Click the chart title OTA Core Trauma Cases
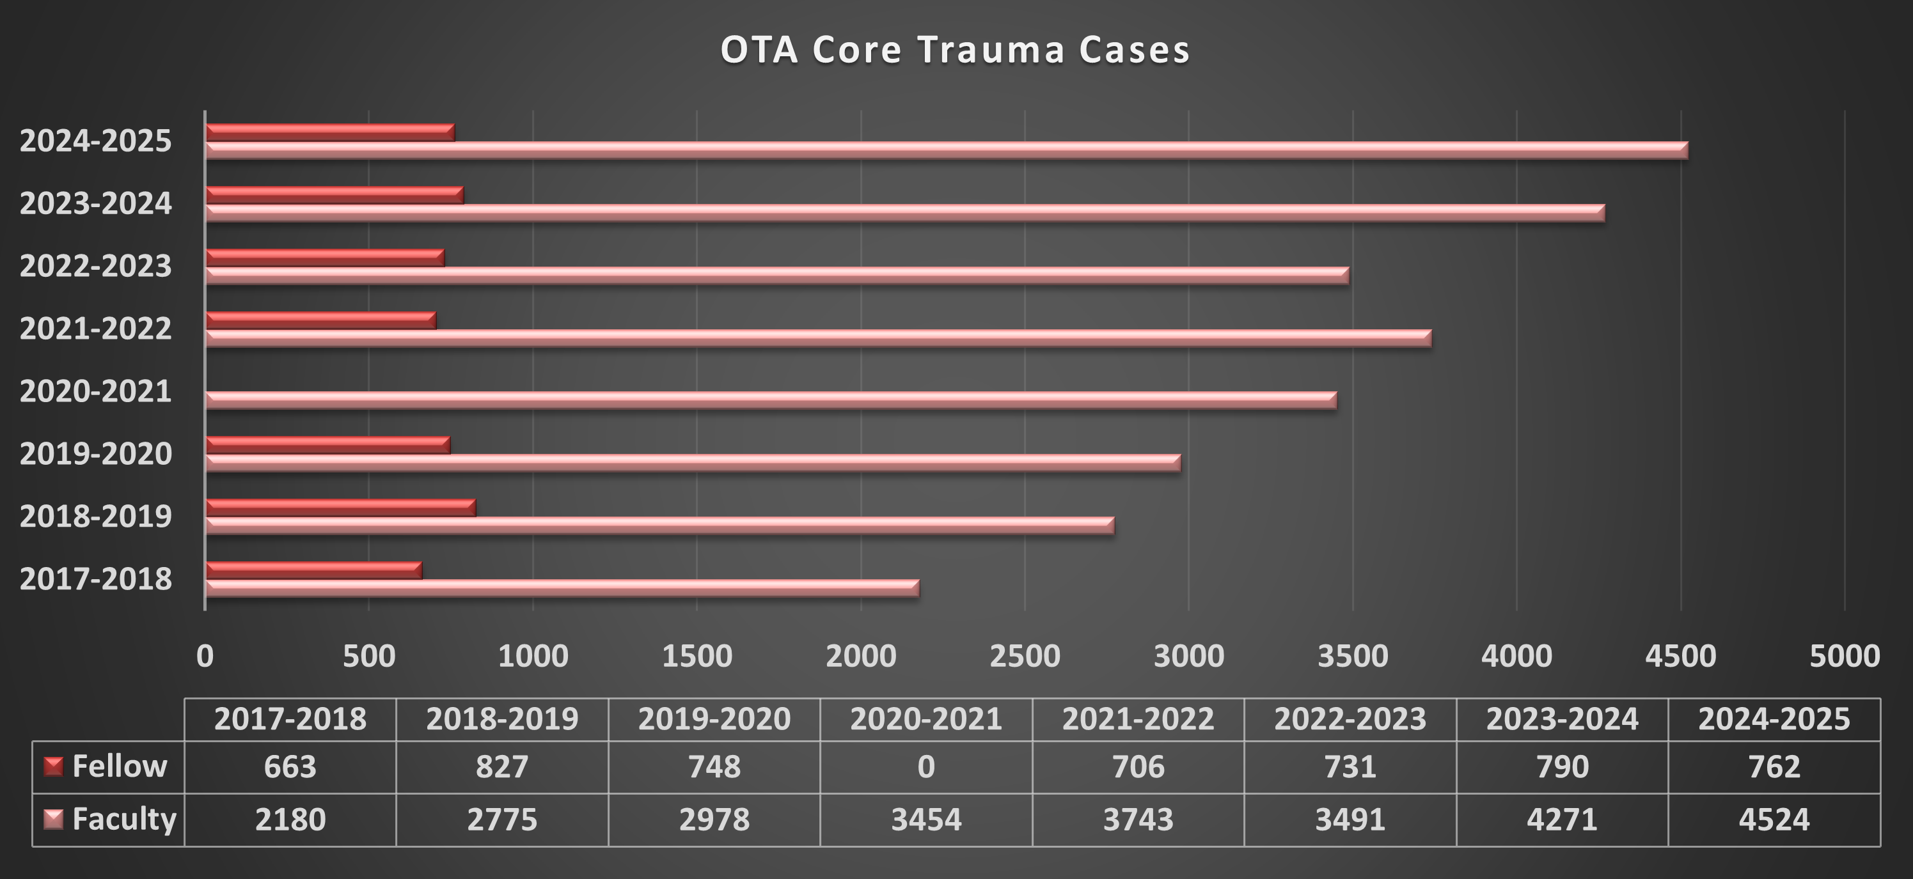point(955,51)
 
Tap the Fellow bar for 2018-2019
point(340,508)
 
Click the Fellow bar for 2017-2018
point(313,570)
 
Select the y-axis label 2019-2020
point(96,454)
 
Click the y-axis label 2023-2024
point(96,203)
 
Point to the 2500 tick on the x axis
point(1025,657)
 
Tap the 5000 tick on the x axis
point(1845,657)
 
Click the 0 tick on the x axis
point(205,657)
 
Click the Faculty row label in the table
point(124,819)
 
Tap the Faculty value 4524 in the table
point(1774,820)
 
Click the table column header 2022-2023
point(1350,719)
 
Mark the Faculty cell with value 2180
point(290,820)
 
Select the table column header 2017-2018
point(290,719)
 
